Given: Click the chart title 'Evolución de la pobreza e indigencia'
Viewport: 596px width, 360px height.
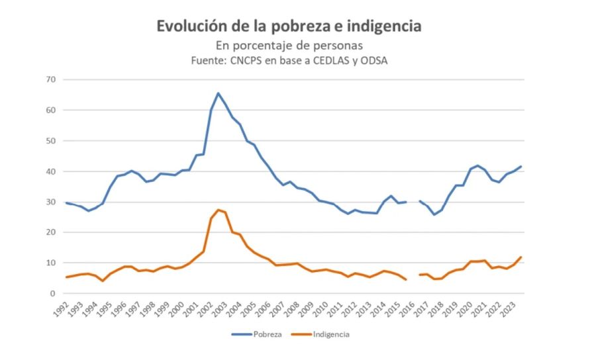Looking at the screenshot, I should [289, 26].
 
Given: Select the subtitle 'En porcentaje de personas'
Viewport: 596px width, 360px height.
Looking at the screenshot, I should [289, 46].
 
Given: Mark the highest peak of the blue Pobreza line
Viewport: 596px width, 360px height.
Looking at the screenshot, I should [219, 93].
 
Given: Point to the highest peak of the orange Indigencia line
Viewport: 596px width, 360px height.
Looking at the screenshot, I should [219, 210].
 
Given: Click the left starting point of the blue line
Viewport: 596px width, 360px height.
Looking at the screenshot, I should [66, 202].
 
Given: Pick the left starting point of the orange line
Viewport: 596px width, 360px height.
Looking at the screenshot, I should [66, 277].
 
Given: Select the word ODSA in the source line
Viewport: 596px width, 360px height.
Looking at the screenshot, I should [377, 60].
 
